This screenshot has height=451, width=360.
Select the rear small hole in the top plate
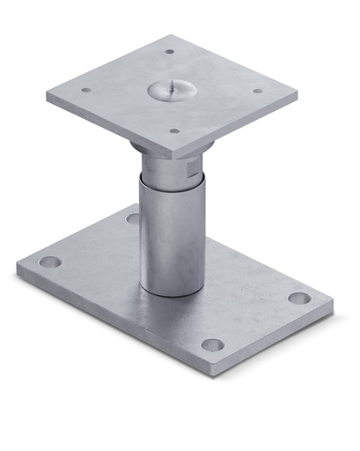pyautogui.click(x=170, y=51)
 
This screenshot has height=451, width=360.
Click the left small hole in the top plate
pyautogui.click(x=86, y=89)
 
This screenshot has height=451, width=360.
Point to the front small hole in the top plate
pyautogui.click(x=173, y=130)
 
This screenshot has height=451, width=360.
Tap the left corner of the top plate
pyautogui.click(x=48, y=98)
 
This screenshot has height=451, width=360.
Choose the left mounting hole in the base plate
pyautogui.click(x=51, y=262)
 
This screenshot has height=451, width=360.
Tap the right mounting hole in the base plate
pyautogui.click(x=299, y=298)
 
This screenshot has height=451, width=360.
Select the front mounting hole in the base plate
pyautogui.click(x=212, y=344)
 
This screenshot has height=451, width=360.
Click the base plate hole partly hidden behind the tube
pyautogui.click(x=132, y=218)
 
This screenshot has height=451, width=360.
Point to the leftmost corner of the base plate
pyautogui.click(x=18, y=269)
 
